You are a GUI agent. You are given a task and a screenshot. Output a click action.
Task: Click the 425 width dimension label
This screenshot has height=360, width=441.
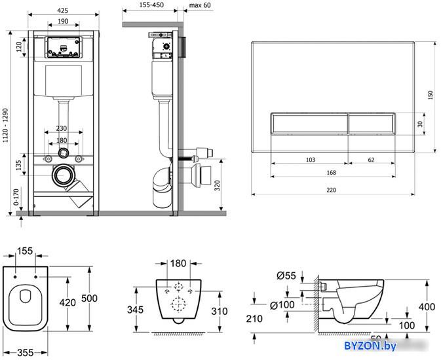[x=63, y=10]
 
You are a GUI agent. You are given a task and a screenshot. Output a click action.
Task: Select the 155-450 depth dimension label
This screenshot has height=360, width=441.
[x=151, y=5]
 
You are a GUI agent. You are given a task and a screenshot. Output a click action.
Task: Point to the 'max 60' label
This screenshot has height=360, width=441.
[x=200, y=5]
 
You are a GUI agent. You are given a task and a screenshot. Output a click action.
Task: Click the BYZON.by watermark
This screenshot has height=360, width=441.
[x=370, y=346]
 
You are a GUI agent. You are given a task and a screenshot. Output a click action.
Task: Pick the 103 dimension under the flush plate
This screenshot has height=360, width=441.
[x=311, y=160]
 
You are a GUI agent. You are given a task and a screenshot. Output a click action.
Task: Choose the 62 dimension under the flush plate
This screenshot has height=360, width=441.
[x=372, y=160]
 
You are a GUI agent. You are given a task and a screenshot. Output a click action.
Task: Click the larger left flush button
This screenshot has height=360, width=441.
[x=309, y=123]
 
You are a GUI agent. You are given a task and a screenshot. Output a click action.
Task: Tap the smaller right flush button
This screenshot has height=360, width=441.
[x=372, y=123]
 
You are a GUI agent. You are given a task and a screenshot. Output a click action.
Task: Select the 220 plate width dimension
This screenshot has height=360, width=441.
[x=332, y=190]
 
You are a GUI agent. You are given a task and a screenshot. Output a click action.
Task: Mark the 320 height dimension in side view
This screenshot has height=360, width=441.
[x=217, y=185]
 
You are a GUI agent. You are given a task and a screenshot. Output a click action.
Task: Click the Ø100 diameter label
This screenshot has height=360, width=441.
[x=282, y=305]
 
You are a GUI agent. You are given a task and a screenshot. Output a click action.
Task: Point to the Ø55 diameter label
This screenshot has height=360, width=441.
[x=286, y=276]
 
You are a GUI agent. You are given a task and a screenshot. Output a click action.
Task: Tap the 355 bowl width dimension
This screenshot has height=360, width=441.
[x=26, y=353]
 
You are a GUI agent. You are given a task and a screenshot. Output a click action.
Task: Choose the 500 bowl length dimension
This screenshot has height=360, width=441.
[x=89, y=298]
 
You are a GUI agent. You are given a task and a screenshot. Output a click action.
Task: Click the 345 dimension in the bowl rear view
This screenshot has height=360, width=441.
[x=135, y=310]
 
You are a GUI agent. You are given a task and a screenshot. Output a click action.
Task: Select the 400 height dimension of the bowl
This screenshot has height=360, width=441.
[x=427, y=307]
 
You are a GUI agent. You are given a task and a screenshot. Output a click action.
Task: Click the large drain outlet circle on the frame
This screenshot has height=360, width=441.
[x=64, y=175]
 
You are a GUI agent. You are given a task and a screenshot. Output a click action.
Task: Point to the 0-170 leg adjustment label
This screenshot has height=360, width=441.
[x=16, y=197]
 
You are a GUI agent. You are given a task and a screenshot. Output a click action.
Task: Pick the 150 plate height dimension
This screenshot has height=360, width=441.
[x=431, y=96]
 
